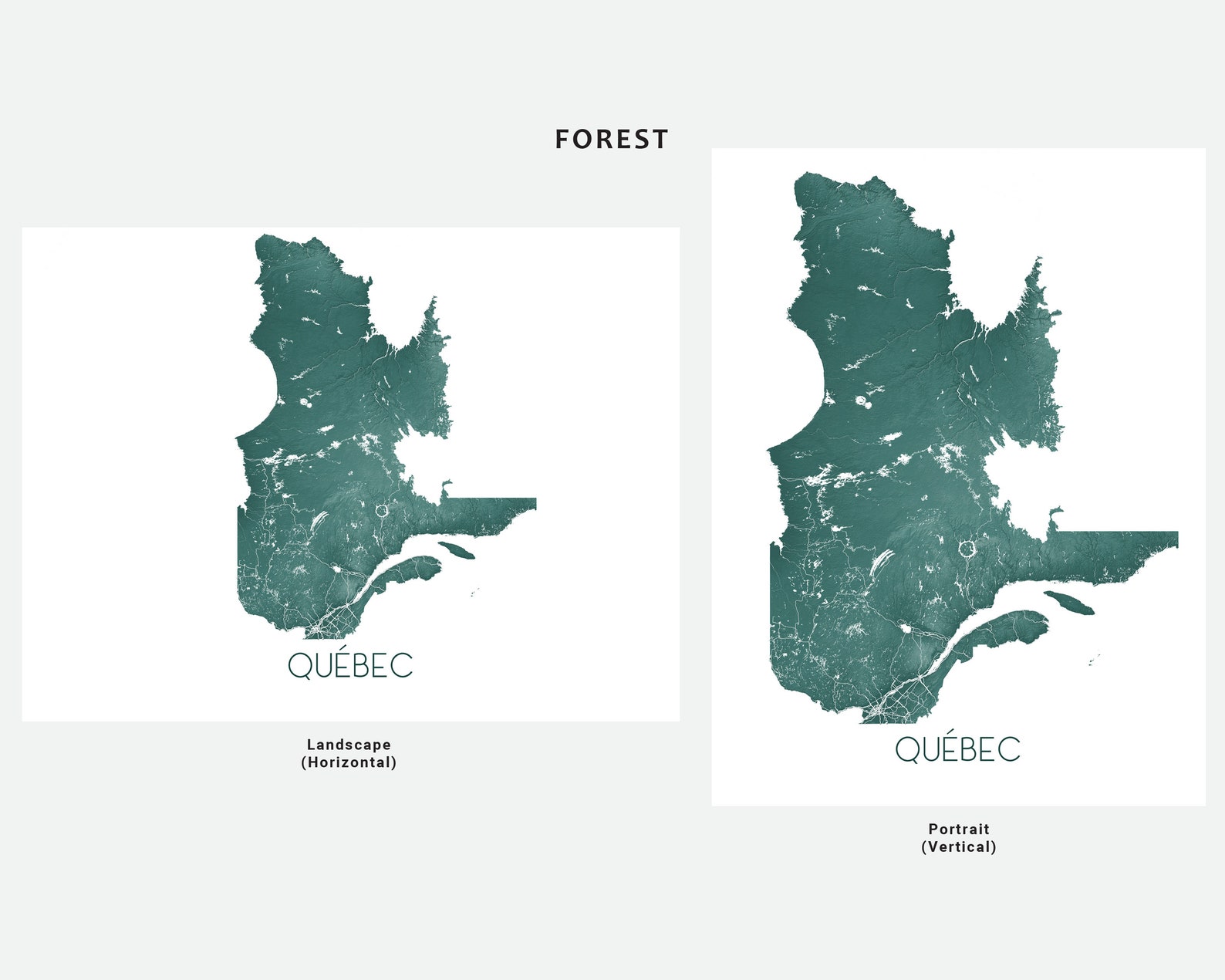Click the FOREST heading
coord(612,140)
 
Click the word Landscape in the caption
coord(349,745)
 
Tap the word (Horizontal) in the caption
coord(349,762)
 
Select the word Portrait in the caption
coord(958,829)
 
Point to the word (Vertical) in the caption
coord(958,847)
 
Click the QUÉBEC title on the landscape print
coord(350,665)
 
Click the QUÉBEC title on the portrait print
coord(957,749)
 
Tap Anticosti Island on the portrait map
coord(1069,603)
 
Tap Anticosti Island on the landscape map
coord(456,550)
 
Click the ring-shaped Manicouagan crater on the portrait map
coord(967,549)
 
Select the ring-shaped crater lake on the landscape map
coord(382,510)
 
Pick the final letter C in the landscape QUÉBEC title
coord(403,666)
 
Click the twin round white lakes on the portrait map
coord(863,401)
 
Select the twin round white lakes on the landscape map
coord(306,402)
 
